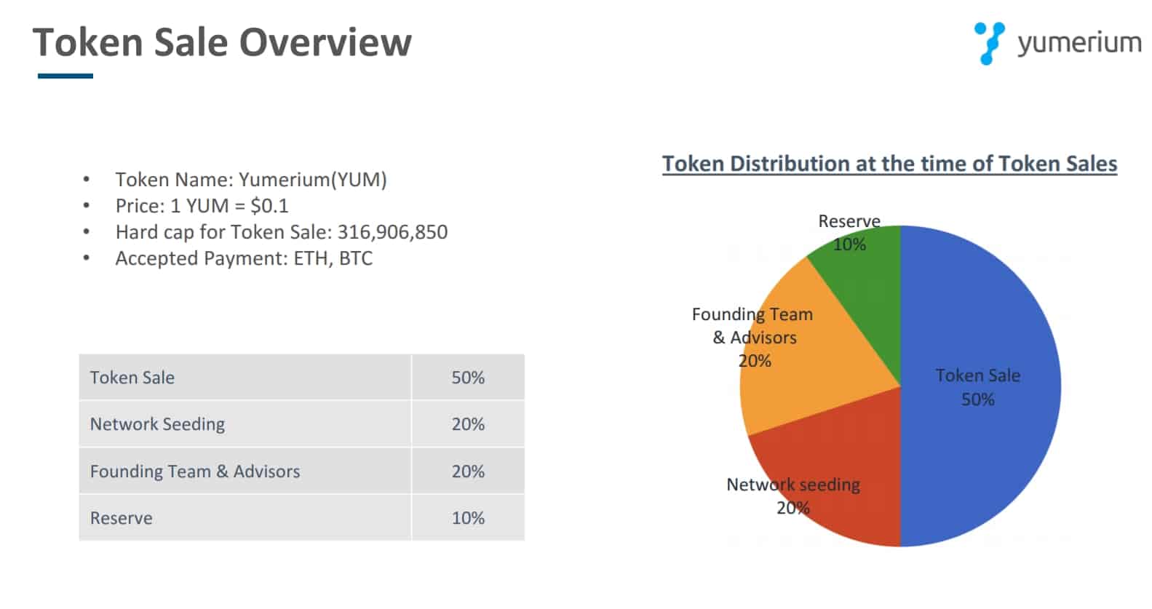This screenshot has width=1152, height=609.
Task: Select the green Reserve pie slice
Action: tap(866, 291)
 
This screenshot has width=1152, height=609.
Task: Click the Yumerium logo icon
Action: tap(989, 43)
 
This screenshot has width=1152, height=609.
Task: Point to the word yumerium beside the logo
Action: tap(1078, 43)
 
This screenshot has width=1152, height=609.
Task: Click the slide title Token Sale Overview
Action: tap(222, 42)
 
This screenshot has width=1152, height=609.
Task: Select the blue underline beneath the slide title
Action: tap(65, 76)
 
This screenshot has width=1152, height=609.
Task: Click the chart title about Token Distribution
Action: tap(889, 164)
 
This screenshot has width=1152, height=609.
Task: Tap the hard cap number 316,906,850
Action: tap(392, 232)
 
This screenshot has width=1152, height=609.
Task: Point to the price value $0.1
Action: tap(269, 206)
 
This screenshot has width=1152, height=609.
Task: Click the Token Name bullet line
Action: tap(250, 180)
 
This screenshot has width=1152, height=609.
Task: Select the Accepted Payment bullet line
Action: tap(243, 258)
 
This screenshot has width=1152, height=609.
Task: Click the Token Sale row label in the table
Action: tap(132, 378)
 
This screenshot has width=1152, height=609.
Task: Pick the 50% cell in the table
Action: tap(467, 378)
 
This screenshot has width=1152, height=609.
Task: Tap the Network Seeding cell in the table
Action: tap(157, 424)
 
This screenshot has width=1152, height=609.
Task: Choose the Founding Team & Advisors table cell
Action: tap(194, 471)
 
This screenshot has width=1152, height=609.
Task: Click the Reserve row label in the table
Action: tap(122, 518)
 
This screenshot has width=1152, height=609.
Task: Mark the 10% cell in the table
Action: tap(467, 518)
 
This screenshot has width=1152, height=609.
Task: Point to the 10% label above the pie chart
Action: tap(849, 244)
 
